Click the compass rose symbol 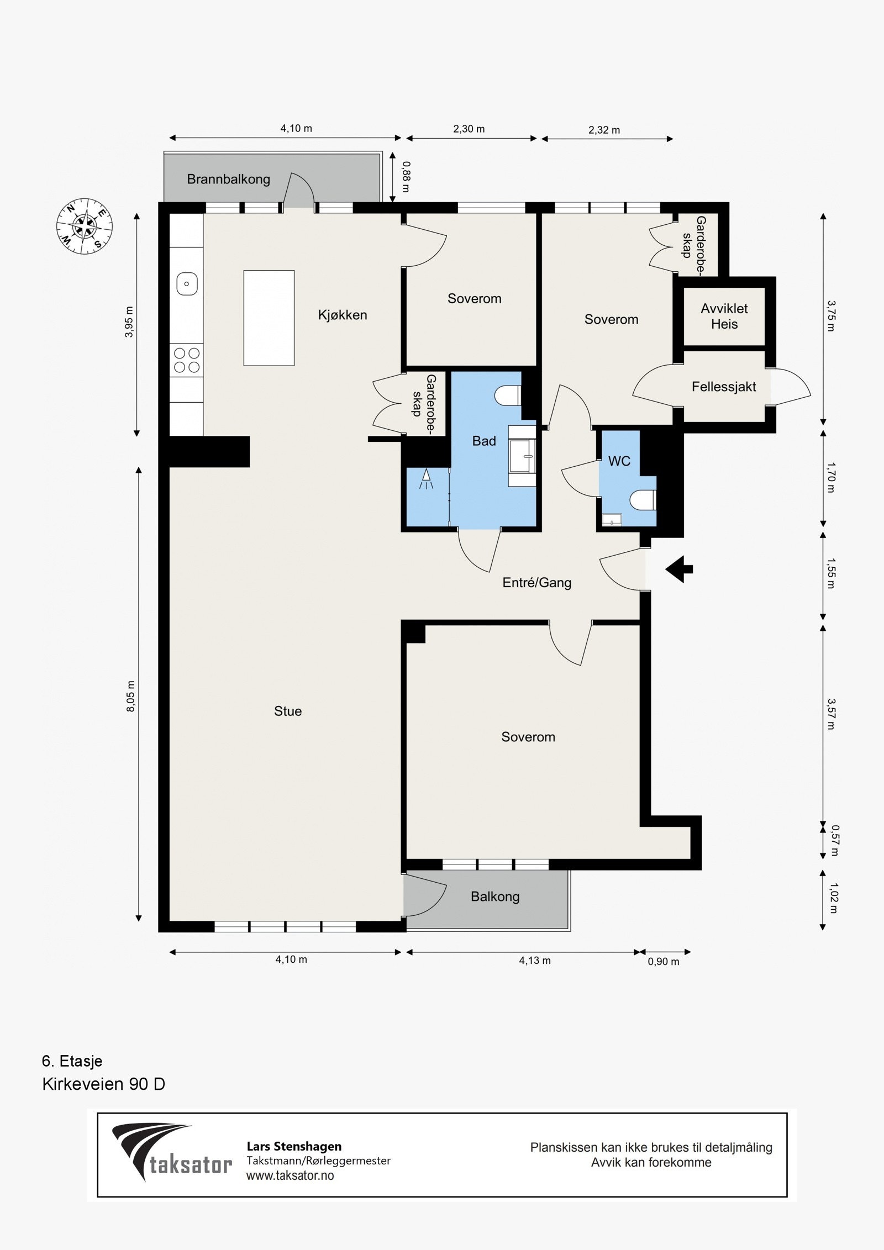pos(85,226)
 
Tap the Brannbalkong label pos(228,179)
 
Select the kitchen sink pos(187,284)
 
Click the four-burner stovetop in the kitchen pos(187,360)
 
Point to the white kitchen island pos(269,318)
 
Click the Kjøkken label pos(343,315)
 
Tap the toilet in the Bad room pos(508,395)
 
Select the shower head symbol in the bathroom pos(426,478)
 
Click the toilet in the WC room pos(643,500)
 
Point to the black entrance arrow pos(679,569)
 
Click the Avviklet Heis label pos(724,317)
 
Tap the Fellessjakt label pos(724,387)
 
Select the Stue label pos(288,711)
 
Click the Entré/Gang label pos(536,583)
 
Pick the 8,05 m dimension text pos(131,696)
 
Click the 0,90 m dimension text pos(664,962)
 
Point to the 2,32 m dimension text pos(604,130)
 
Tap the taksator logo pos(172,1153)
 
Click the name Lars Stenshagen pos(294,1146)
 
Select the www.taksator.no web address pos(290,1175)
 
